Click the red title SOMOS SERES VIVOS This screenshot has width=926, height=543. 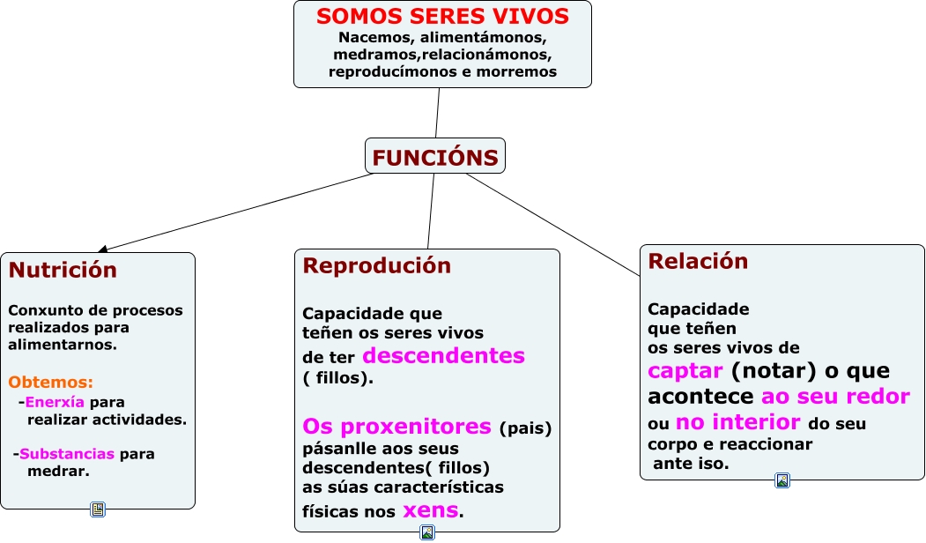pyautogui.click(x=442, y=17)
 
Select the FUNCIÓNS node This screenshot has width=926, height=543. pyautogui.click(x=435, y=158)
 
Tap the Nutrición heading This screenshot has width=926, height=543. pyautogui.click(x=63, y=270)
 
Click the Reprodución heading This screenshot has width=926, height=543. pyautogui.click(x=376, y=265)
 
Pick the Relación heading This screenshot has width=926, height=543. pyautogui.click(x=698, y=261)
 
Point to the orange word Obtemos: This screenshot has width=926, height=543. pyautogui.click(x=51, y=383)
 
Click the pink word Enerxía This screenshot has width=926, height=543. pyautogui.click(x=55, y=402)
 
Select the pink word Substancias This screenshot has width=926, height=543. pyautogui.click(x=67, y=454)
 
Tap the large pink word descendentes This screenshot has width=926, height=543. pyautogui.click(x=443, y=355)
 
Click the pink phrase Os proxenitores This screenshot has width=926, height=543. pyautogui.click(x=396, y=427)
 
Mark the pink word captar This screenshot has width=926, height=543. pyautogui.click(x=685, y=370)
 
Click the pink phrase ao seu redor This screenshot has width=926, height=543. pyautogui.click(x=835, y=396)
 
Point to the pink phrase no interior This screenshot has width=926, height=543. pyautogui.click(x=737, y=422)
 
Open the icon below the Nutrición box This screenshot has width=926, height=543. pyautogui.click(x=98, y=510)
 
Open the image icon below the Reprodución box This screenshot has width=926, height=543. pyautogui.click(x=427, y=532)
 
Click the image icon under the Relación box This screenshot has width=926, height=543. pyautogui.click(x=782, y=480)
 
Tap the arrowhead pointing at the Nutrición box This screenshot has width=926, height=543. pyautogui.click(x=102, y=250)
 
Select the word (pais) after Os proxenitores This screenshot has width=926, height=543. pyautogui.click(x=525, y=429)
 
